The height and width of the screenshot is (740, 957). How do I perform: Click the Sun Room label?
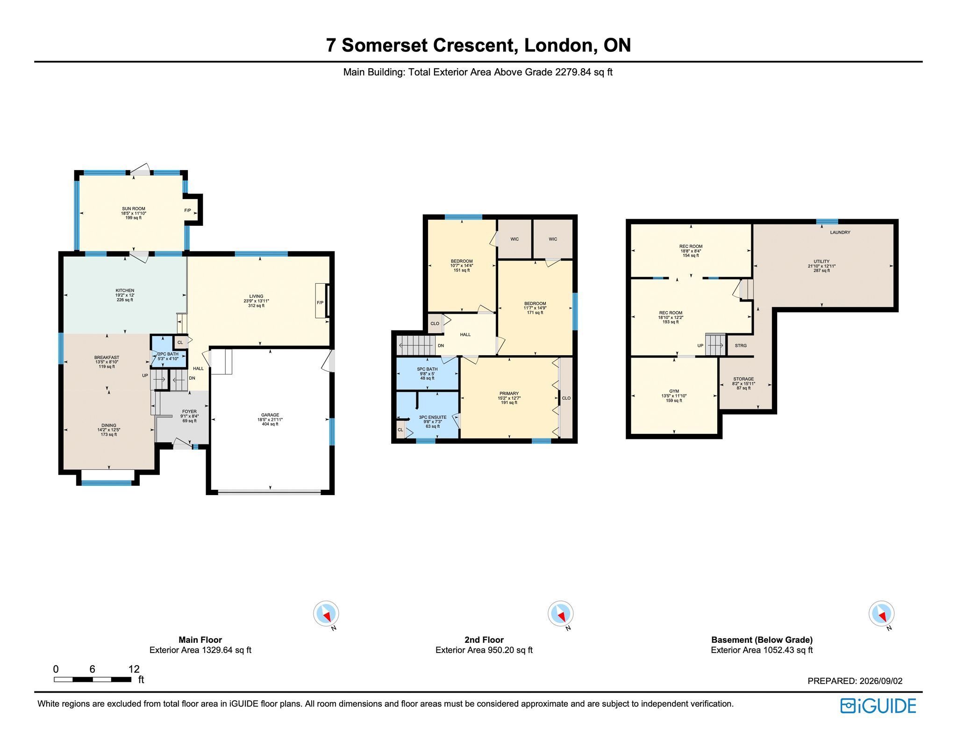[x=134, y=209]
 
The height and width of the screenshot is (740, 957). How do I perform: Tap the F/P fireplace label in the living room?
[x=320, y=303]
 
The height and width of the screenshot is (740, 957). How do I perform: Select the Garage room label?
[x=270, y=415]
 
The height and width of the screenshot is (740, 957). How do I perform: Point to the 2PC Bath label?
[x=168, y=354]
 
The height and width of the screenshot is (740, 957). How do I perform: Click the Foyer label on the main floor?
[x=189, y=411]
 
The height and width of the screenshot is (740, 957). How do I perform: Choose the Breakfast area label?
[x=107, y=358]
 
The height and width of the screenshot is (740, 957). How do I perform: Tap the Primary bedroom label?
[x=509, y=394]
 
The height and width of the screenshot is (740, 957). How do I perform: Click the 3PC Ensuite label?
[x=433, y=417]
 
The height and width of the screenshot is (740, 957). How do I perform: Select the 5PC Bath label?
[x=427, y=369]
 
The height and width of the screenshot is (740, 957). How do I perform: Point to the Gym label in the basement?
[x=674, y=391]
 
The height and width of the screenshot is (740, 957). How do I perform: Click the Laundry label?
[x=840, y=232]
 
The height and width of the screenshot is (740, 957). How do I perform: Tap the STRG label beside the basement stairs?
[x=741, y=345]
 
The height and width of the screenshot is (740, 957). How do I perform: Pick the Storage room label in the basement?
[x=743, y=379]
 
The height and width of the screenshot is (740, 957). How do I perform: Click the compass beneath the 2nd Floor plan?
[x=561, y=614]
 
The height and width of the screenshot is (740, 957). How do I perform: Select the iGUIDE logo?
[x=878, y=706]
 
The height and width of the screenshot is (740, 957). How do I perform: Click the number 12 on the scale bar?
[x=134, y=669]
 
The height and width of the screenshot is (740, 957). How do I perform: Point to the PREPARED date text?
[x=855, y=681]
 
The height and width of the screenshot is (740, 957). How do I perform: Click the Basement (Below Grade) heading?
[x=762, y=640]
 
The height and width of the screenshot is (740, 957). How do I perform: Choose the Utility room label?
[x=821, y=262]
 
